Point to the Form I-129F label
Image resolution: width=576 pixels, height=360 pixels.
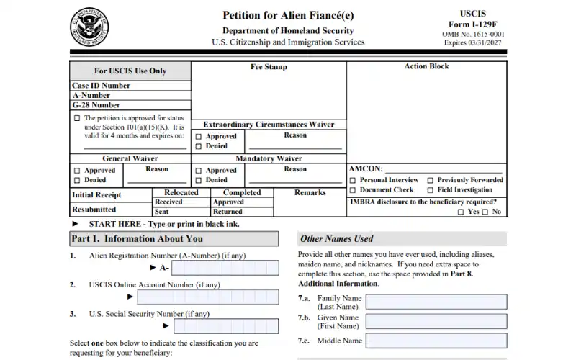pyautogui.click(x=472, y=24)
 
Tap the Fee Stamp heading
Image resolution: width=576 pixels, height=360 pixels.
pyautogui.click(x=269, y=67)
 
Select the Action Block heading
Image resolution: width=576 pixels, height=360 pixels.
pyautogui.click(x=426, y=66)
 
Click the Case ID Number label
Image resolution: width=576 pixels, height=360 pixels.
pyautogui.click(x=102, y=86)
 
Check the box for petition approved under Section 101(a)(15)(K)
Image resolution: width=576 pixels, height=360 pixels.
pyautogui.click(x=77, y=118)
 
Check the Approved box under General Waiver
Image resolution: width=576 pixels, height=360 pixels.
pyautogui.click(x=77, y=171)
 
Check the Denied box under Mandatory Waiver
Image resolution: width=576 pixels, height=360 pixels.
pyautogui.click(x=199, y=180)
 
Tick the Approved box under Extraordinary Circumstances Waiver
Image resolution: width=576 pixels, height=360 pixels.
pyautogui.click(x=199, y=136)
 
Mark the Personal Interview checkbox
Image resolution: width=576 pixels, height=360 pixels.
pyautogui.click(x=353, y=180)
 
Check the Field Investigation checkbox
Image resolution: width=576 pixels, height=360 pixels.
pyautogui.click(x=430, y=190)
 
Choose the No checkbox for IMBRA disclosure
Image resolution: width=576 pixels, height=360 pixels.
pyautogui.click(x=485, y=212)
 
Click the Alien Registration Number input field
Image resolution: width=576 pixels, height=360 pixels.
pyautogui.click(x=225, y=268)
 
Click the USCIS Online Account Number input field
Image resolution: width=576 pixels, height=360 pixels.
pyautogui.click(x=207, y=297)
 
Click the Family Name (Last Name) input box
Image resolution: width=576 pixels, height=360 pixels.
pyautogui.click(x=436, y=302)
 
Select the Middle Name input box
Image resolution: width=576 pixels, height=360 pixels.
pyautogui.click(x=436, y=341)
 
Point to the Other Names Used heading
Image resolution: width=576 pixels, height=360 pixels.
pyautogui.click(x=337, y=239)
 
